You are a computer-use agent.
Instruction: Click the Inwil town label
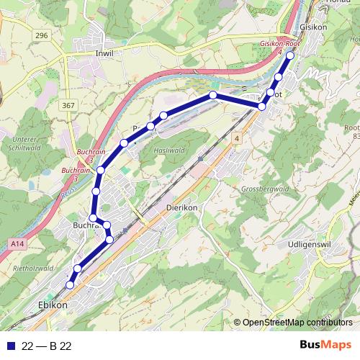tap(104, 53)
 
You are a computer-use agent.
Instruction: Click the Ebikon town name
tap(52, 305)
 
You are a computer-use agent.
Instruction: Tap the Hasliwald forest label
tap(169, 150)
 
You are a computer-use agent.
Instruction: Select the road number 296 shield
tap(41, 35)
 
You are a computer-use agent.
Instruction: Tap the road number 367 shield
tap(68, 106)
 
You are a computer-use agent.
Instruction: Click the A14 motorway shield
tap(18, 245)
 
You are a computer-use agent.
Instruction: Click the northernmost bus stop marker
tap(290, 55)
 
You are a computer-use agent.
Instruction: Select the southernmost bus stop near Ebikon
tap(70, 285)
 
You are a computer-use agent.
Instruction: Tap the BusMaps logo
tap(325, 345)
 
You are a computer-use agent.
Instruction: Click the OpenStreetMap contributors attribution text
tap(298, 323)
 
